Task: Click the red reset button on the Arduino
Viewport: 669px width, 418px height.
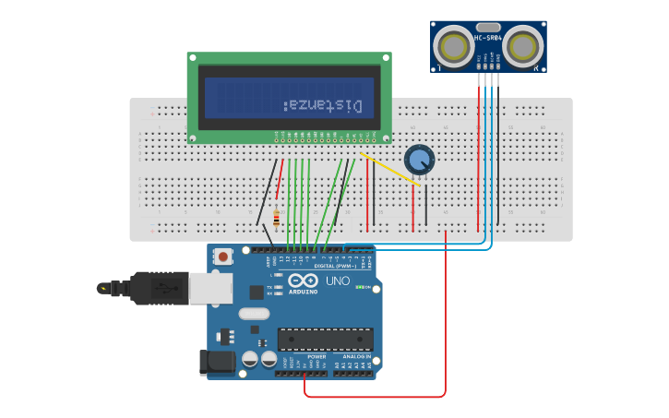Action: click(222, 256)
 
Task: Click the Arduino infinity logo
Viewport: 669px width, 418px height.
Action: click(303, 281)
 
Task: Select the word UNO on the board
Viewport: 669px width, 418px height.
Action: click(338, 281)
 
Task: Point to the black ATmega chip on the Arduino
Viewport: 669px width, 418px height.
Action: click(326, 340)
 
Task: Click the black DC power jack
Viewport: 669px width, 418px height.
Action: click(218, 362)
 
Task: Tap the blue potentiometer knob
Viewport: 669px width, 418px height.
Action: click(419, 160)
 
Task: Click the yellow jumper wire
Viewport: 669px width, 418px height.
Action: click(392, 171)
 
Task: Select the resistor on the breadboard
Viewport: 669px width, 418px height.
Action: click(276, 219)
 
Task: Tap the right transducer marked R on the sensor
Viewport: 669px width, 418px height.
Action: click(523, 45)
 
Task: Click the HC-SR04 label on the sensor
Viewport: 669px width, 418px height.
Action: click(488, 38)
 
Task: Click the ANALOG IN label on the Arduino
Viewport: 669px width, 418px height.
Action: click(357, 356)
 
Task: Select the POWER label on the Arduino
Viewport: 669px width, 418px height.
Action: click(317, 356)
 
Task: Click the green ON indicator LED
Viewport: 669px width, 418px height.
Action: click(360, 287)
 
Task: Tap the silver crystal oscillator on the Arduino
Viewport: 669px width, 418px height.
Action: click(254, 314)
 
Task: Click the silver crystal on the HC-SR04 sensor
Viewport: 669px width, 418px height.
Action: click(488, 28)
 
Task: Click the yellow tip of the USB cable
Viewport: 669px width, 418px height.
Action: click(102, 289)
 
